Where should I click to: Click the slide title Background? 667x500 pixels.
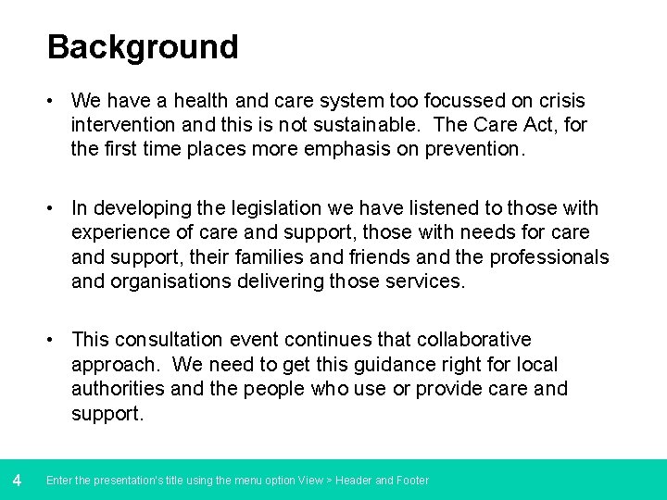click(143, 47)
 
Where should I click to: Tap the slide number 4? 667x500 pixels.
click(17, 480)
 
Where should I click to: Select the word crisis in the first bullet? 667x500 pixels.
click(560, 100)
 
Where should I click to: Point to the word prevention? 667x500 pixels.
click(474, 148)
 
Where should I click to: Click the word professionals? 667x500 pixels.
click(549, 256)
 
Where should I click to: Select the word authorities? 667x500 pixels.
click(119, 389)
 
